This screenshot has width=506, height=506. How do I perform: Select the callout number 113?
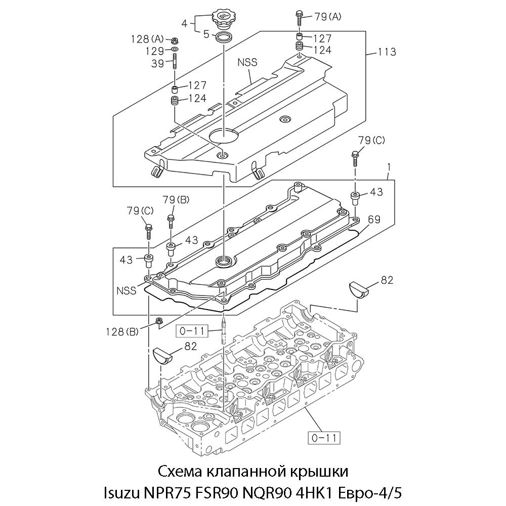click(386, 52)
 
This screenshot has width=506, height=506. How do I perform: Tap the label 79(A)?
click(328, 17)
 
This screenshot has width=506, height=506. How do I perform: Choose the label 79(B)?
click(176, 199)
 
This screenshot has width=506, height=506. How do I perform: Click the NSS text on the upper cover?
click(248, 63)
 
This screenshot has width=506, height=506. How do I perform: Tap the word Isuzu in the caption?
click(122, 492)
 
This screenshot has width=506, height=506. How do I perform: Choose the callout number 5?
click(206, 34)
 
